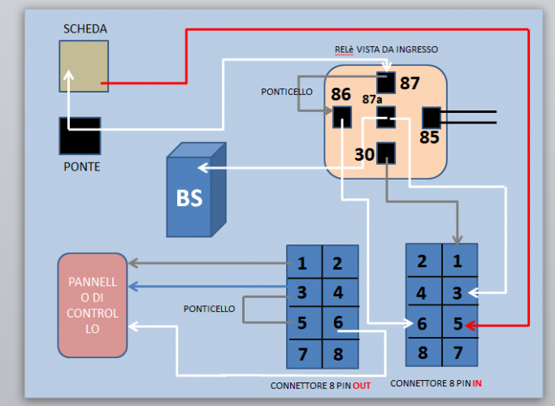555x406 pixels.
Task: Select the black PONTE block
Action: pyautogui.click(x=80, y=136)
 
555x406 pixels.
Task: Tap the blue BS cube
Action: pyautogui.click(x=191, y=196)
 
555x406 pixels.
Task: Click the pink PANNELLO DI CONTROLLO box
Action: pyautogui.click(x=93, y=304)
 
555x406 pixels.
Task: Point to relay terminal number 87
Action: pyautogui.click(x=410, y=83)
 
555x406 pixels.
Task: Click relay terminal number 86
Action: pyautogui.click(x=340, y=94)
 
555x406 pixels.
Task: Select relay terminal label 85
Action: pyautogui.click(x=429, y=137)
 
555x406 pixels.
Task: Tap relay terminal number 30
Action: pyautogui.click(x=365, y=153)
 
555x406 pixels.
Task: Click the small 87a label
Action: pyautogui.click(x=371, y=99)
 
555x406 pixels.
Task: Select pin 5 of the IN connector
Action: pyautogui.click(x=458, y=323)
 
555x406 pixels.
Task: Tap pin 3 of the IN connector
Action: pyautogui.click(x=458, y=292)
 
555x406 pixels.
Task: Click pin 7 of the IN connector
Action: pyautogui.click(x=458, y=352)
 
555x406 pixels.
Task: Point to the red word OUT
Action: pyautogui.click(x=362, y=386)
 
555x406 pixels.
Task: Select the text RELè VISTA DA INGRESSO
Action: pyautogui.click(x=386, y=50)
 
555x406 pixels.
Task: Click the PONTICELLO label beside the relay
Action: pyautogui.click(x=287, y=92)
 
